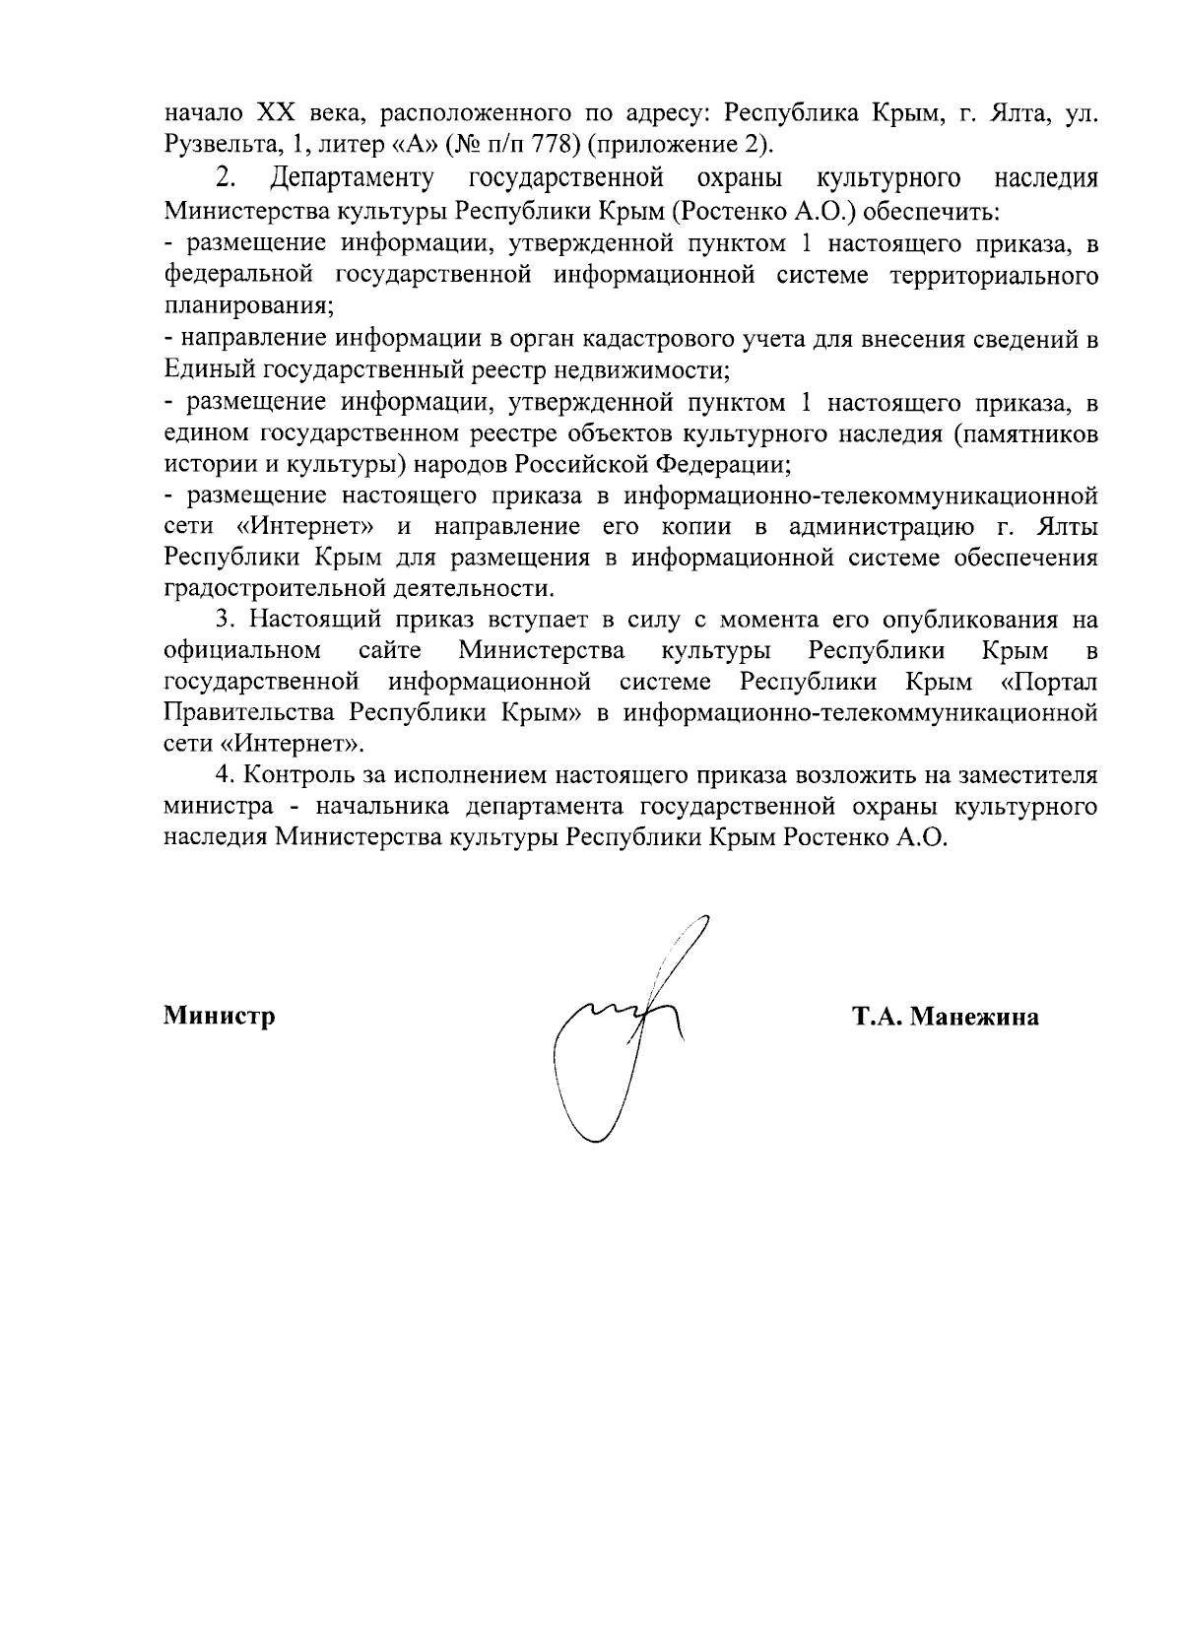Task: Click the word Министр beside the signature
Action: point(219,1016)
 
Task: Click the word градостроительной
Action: point(287,589)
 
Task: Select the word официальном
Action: point(242,651)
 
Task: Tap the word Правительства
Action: point(250,713)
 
